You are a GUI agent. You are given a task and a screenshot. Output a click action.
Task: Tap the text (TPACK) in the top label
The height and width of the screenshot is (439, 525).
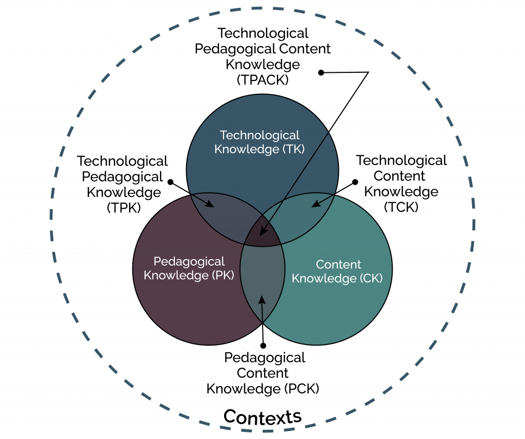262,80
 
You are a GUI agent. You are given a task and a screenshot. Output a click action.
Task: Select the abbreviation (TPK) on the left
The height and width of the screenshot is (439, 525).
123,208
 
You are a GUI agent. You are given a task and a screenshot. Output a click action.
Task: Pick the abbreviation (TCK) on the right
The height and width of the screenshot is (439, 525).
401,207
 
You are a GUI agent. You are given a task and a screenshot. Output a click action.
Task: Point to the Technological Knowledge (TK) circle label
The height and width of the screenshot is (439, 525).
259,142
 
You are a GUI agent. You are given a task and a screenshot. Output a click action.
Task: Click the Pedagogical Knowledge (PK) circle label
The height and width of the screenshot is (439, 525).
189,268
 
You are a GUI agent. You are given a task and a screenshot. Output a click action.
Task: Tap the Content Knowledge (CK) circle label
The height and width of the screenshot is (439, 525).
338,271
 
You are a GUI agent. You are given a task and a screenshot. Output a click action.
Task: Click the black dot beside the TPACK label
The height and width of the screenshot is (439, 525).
321,73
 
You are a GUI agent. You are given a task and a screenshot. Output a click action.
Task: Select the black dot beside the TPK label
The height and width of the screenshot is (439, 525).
171,182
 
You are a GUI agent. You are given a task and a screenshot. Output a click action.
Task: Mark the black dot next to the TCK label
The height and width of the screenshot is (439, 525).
355,182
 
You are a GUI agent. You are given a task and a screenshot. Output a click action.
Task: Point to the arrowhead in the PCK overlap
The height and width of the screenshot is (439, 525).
262,298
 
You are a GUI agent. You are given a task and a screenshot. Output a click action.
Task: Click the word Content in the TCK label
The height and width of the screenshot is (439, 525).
399,176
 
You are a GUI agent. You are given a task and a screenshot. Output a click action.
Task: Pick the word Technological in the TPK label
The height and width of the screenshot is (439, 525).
123,161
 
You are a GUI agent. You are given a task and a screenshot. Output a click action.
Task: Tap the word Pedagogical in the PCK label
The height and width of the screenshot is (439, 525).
265,357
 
